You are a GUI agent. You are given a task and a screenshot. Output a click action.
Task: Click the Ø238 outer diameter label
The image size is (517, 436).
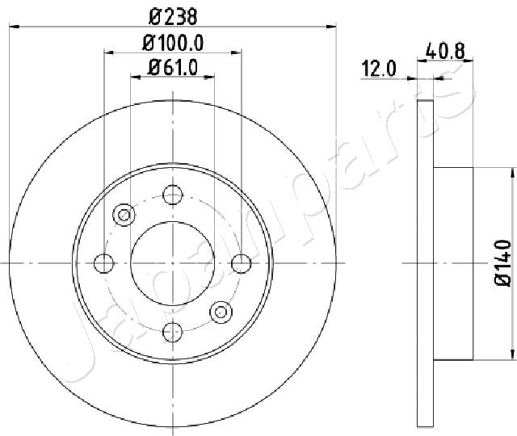coord(173,17)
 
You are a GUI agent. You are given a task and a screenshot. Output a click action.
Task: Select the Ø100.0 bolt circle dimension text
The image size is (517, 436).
coord(173,43)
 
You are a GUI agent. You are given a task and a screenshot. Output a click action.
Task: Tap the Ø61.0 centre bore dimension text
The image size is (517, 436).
coord(173,68)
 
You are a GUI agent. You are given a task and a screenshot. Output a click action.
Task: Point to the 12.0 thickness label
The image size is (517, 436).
coord(379,69)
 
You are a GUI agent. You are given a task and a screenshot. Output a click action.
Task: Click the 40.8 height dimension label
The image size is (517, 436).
coord(445,52)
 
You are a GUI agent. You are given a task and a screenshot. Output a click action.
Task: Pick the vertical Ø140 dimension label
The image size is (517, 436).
coord(503,263)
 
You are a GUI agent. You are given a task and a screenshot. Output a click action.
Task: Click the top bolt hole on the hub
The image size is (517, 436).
coord(173,195)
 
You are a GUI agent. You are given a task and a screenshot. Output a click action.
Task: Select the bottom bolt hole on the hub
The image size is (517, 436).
coord(173,332)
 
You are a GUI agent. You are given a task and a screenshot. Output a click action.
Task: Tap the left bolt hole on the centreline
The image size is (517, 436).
coord(104,263)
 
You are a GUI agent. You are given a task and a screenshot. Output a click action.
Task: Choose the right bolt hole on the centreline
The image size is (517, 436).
coord(242,263)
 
